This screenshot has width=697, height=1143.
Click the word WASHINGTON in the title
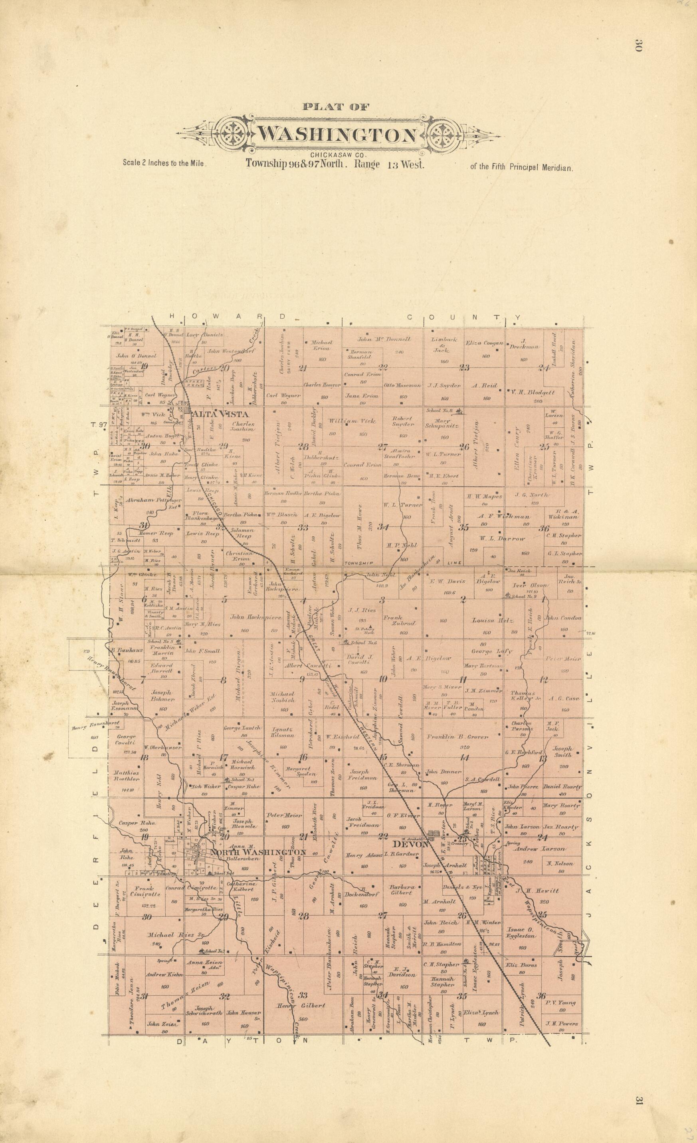pos(337,135)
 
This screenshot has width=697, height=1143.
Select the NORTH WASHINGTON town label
pos(258,853)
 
